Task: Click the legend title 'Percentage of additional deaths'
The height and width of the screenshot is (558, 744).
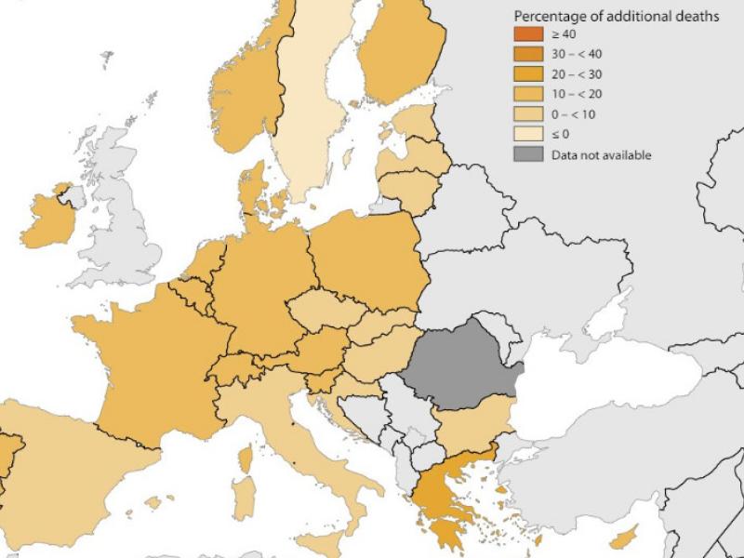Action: tap(616, 17)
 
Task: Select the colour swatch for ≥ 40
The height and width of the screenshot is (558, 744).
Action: tap(528, 34)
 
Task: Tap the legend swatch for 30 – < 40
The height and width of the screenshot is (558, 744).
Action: tap(528, 55)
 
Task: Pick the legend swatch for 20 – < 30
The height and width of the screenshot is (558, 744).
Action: tap(528, 74)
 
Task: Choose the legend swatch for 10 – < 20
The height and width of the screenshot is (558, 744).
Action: tap(528, 95)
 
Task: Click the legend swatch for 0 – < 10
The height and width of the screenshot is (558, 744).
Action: tap(528, 114)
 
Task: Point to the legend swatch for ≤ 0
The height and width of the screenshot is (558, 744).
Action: tap(528, 135)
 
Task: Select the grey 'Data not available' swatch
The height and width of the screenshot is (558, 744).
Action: tap(528, 154)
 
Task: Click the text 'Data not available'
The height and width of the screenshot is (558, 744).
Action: tap(600, 154)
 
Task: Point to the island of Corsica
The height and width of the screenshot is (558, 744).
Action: tap(246, 458)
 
